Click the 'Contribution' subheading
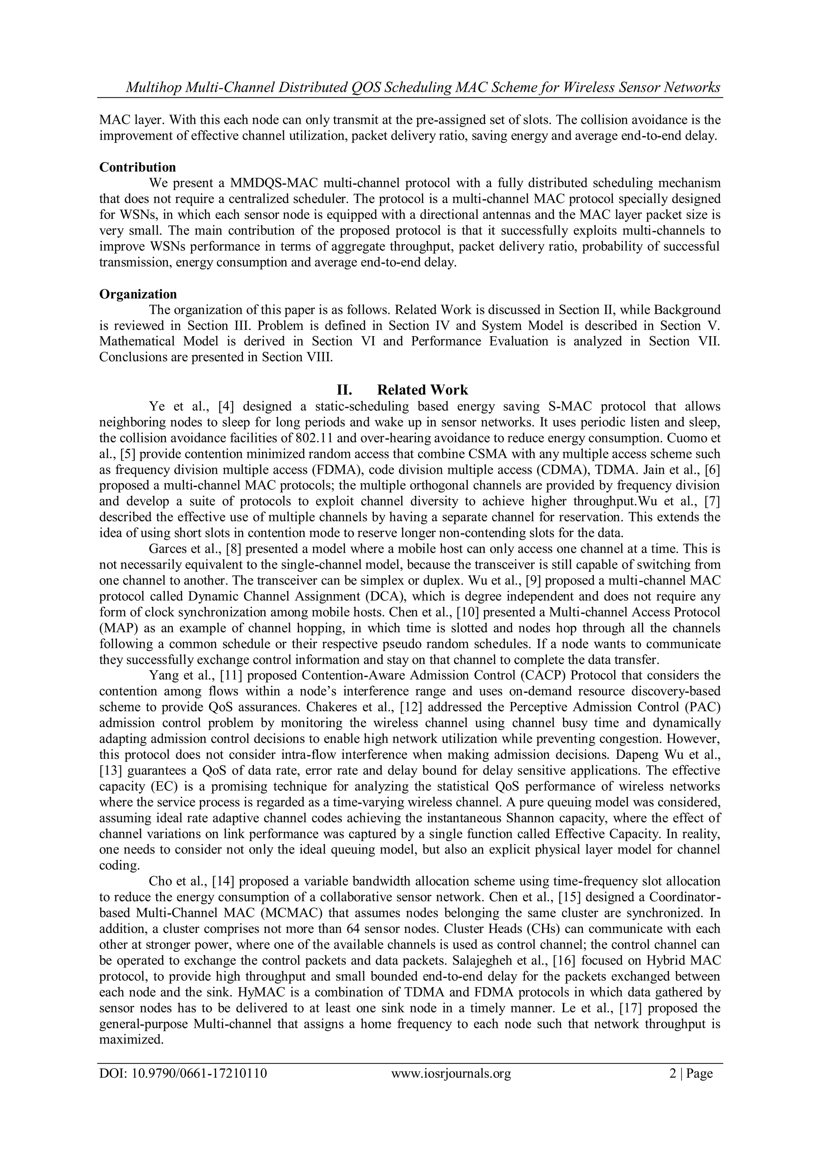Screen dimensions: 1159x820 pyautogui.click(x=137, y=167)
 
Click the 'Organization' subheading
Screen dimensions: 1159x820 pyautogui.click(x=138, y=294)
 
